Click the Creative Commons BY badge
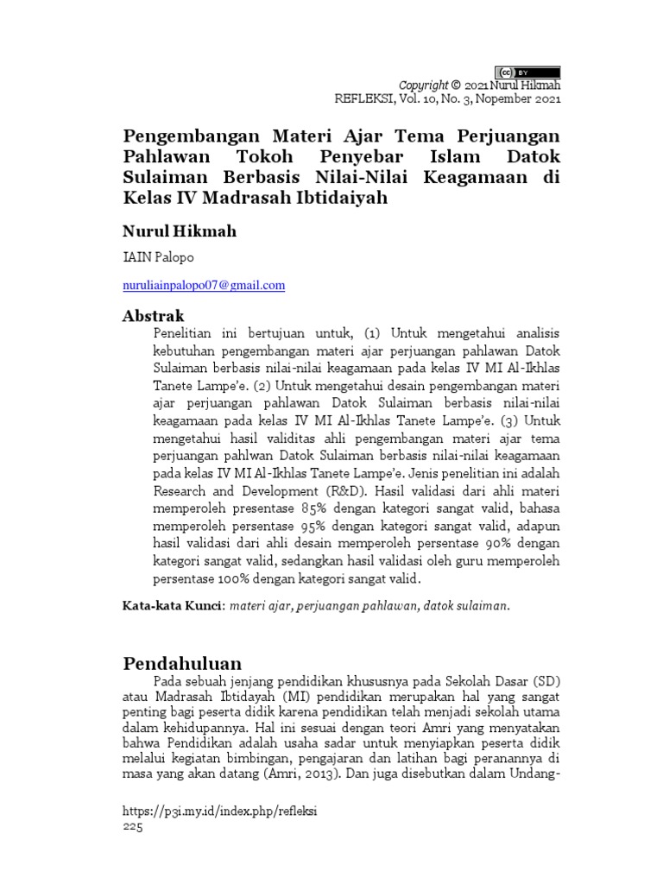527,73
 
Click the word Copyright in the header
423,85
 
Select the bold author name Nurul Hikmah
179,231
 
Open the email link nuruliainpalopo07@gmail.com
204,285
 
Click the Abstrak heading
154,316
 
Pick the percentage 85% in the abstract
316,508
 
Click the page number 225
136,826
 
